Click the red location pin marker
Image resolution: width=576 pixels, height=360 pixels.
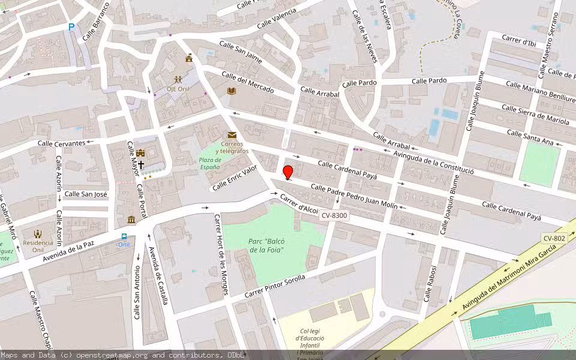click(x=288, y=172)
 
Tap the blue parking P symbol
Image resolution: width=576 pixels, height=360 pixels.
click(x=71, y=26)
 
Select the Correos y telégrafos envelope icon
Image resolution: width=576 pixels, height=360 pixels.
click(x=232, y=135)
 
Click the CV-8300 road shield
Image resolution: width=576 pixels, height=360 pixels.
click(x=334, y=215)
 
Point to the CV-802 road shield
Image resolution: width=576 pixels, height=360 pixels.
click(x=554, y=238)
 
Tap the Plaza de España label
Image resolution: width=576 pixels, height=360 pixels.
click(x=209, y=163)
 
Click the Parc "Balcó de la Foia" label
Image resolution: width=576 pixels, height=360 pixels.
click(x=265, y=245)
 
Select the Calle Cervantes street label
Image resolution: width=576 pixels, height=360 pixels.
click(x=61, y=143)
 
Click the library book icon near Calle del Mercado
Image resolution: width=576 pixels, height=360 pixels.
click(x=232, y=91)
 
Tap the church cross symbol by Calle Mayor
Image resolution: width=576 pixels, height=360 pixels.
click(x=141, y=164)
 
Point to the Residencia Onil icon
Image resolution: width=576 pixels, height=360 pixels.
click(x=38, y=234)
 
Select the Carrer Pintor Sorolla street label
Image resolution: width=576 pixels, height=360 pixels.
click(x=275, y=286)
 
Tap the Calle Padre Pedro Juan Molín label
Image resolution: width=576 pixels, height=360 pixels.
click(x=354, y=196)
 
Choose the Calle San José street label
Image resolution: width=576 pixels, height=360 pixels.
click(x=86, y=194)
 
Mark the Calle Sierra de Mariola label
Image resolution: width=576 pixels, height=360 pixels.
click(x=535, y=116)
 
